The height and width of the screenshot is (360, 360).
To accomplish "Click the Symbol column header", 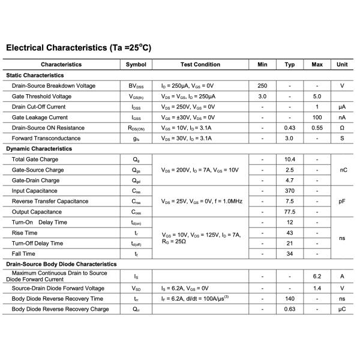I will pyautogui.click(x=136, y=64).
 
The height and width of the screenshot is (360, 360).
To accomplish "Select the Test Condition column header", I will pyautogui.click(x=200, y=64).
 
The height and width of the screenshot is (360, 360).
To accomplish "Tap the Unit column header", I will pyautogui.click(x=342, y=64).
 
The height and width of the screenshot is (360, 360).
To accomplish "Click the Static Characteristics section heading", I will pyautogui.click(x=35, y=75).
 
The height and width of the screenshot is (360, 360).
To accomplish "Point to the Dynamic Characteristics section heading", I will pyautogui.click(x=38, y=148).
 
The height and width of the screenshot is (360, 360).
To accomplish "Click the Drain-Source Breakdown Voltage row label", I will pyautogui.click(x=53, y=86).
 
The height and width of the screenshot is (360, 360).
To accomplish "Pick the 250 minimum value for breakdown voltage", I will pyautogui.click(x=262, y=86).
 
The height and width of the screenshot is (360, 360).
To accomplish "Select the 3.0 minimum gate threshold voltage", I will pyautogui.click(x=262, y=96).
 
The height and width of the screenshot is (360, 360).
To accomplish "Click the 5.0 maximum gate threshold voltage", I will pyautogui.click(x=317, y=96).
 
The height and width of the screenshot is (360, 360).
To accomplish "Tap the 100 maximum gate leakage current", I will pyautogui.click(x=317, y=117).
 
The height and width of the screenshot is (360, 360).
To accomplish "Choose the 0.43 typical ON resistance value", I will pyautogui.click(x=290, y=128).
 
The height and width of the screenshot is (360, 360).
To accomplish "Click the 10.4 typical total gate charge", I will pyautogui.click(x=290, y=159).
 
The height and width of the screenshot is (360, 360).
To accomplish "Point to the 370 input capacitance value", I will pyautogui.click(x=290, y=191).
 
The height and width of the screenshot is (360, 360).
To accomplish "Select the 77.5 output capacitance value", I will pyautogui.click(x=290, y=212).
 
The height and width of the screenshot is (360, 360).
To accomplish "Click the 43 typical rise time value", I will pyautogui.click(x=290, y=233).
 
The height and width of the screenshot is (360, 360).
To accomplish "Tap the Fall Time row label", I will pyautogui.click(x=25, y=254).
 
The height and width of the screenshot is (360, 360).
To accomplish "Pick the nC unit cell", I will pyautogui.click(x=343, y=170).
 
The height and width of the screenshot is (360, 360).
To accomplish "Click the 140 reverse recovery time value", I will pyautogui.click(x=290, y=298).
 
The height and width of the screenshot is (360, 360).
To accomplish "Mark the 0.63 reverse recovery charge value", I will pyautogui.click(x=290, y=309).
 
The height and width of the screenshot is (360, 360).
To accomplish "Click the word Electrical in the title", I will pyautogui.click(x=27, y=47).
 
